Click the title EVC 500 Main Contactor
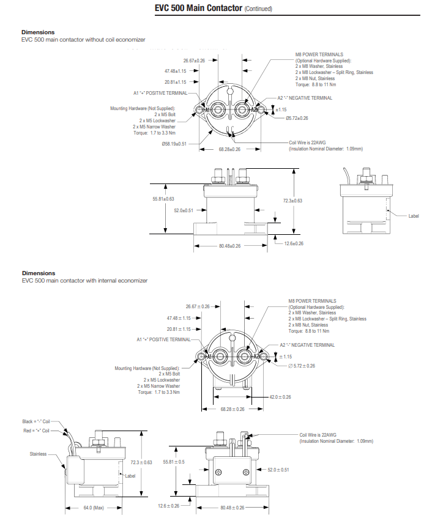[x=190, y=9]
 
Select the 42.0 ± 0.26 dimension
[x=280, y=397]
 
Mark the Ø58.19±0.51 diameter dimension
[x=174, y=144]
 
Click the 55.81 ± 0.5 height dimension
[x=173, y=462]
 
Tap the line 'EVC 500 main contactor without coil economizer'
[x=83, y=39]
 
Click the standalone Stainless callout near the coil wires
[x=38, y=454]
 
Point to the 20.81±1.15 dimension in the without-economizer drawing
[x=175, y=81]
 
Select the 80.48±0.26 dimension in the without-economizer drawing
[x=229, y=246]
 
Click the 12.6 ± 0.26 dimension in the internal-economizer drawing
[x=168, y=506]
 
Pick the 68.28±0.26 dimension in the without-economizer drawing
[x=229, y=149]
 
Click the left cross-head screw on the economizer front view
[x=218, y=471]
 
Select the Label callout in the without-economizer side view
[x=414, y=215]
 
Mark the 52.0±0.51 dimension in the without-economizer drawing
[x=184, y=210]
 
